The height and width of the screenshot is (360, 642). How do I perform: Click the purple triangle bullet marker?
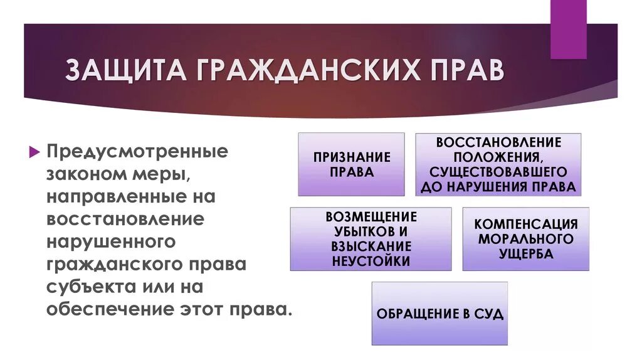click(x=34, y=152)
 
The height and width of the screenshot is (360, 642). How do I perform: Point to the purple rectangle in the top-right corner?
click(x=568, y=29)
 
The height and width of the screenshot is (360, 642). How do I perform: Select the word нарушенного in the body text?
click(x=110, y=242)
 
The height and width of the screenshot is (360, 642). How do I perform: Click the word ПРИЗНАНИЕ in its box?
click(x=351, y=157)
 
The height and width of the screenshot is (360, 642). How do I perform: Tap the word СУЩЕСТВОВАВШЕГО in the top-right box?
click(x=498, y=171)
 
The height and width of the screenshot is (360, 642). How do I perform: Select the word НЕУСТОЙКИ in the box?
click(x=371, y=260)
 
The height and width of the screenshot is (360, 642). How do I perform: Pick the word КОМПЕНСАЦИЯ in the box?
click(x=525, y=224)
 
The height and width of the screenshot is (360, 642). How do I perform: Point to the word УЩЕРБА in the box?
click(x=526, y=254)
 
